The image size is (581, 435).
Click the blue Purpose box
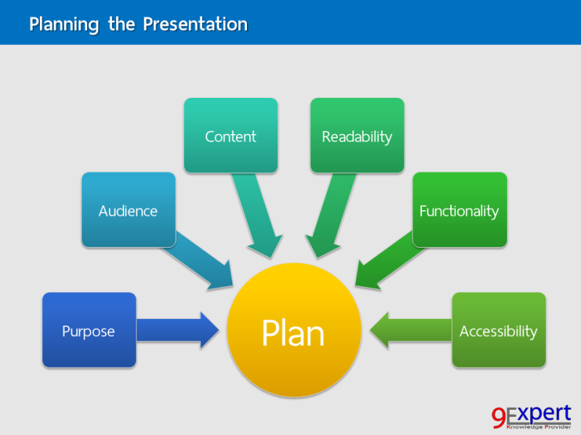(89, 330)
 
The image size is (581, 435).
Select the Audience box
(128, 210)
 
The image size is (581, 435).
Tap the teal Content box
(230, 136)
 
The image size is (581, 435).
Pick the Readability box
(357, 136)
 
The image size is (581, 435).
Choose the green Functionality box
(459, 210)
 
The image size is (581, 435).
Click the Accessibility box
(498, 330)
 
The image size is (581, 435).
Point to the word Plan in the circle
(293, 333)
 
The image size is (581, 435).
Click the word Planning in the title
(64, 24)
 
